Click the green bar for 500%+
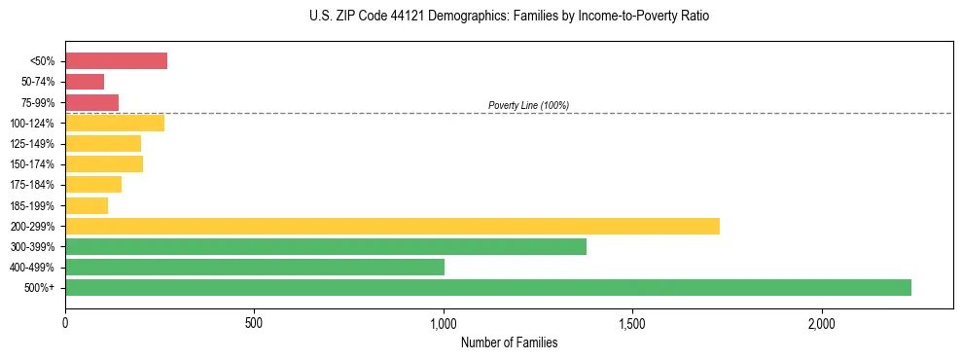(488, 287)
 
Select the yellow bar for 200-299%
(392, 226)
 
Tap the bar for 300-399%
(326, 246)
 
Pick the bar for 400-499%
(255, 267)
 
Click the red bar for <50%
(116, 61)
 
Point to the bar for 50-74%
(85, 82)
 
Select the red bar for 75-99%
(91, 102)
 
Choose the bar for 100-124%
(115, 123)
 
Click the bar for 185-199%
(87, 205)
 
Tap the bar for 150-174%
(104, 163)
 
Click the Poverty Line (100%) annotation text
(528, 105)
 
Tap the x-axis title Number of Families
(509, 342)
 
